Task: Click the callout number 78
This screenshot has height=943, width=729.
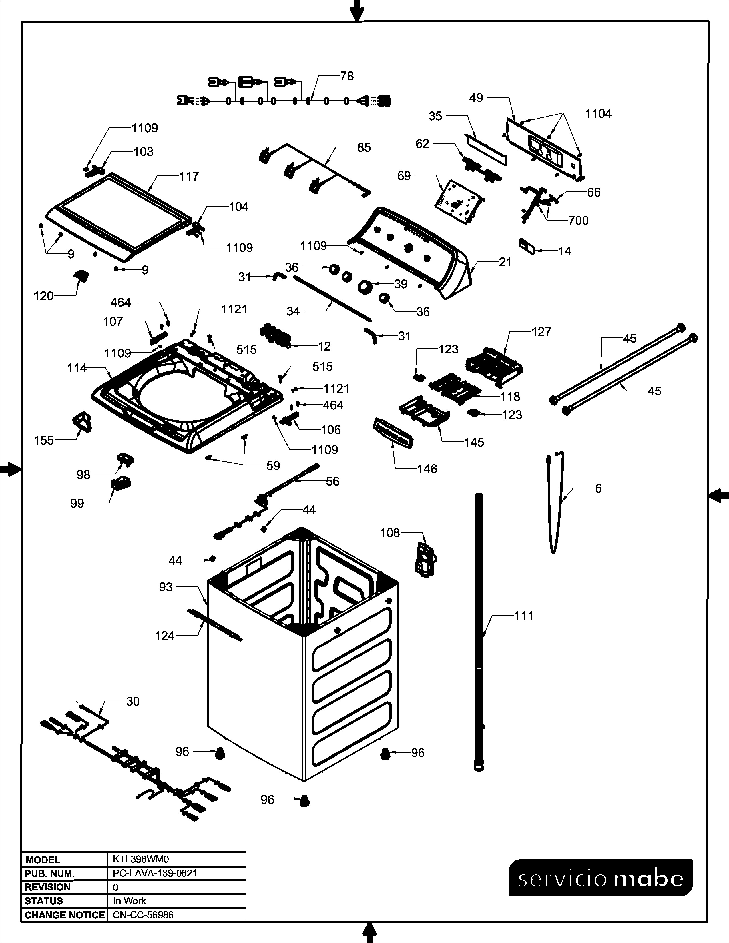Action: pos(347,76)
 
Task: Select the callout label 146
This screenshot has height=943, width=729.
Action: pos(427,469)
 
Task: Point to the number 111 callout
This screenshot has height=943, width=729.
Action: pos(524,616)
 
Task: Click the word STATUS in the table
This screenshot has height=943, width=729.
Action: pos(44,901)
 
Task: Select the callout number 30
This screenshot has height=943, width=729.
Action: pos(133,702)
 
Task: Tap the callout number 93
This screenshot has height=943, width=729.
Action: pos(166,587)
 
